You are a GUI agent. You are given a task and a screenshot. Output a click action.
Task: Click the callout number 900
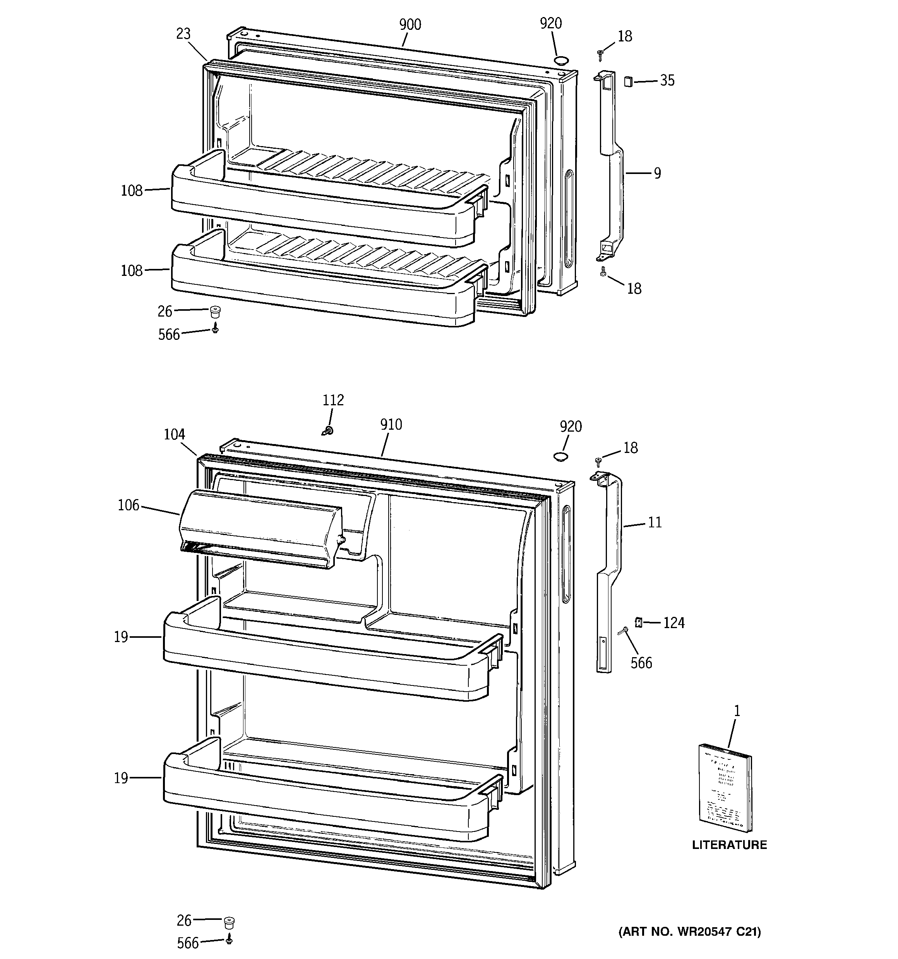coord(410,24)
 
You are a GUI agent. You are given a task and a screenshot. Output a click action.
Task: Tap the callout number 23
coord(183,34)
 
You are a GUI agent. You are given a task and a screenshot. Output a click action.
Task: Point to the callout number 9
coord(658,173)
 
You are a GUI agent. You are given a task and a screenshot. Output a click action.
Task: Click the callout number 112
coord(333,400)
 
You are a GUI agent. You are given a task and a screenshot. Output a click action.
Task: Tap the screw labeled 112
coord(328,430)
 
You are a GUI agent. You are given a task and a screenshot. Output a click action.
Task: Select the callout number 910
coord(391,425)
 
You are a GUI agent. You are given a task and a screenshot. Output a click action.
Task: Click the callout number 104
coord(175,435)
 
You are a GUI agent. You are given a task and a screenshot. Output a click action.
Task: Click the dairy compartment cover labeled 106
coord(260,528)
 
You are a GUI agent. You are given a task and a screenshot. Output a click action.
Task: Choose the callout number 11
coord(655,522)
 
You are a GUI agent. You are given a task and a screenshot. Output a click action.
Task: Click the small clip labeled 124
coord(638,623)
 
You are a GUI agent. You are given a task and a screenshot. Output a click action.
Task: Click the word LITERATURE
coord(729,845)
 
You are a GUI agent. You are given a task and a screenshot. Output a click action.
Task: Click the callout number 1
coord(737,711)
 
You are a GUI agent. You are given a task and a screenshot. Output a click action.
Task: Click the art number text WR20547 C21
coord(689,931)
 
